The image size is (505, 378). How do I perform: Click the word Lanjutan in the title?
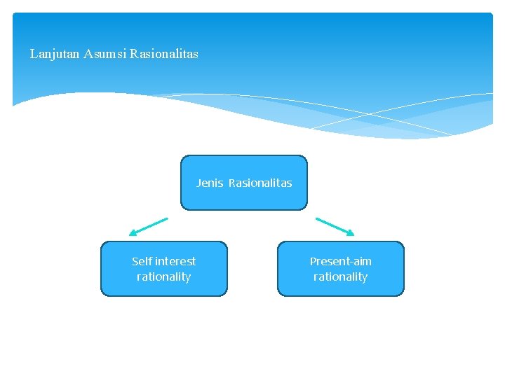pos(55,54)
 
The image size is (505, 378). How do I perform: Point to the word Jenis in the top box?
pos(210,183)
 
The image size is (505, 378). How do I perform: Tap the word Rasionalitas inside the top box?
pos(260,183)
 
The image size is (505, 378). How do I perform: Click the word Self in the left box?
pos(141,261)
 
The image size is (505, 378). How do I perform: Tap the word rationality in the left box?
pos(164,277)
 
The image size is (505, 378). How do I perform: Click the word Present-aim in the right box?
pos(341,261)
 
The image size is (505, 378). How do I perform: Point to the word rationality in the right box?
pos(341,277)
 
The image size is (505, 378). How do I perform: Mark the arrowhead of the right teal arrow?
pos(351,233)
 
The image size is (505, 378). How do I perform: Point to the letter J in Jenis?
pos(199,183)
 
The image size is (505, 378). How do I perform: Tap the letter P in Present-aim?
pos(314,261)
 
